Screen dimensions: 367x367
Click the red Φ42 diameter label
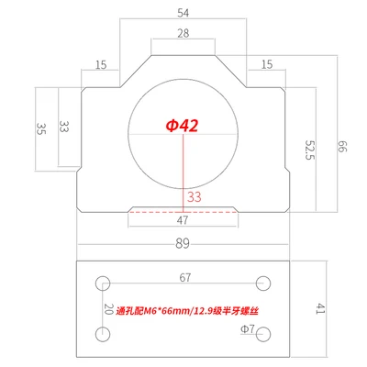point(183,126)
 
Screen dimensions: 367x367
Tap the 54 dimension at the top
point(183,13)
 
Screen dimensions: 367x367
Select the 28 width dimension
point(183,33)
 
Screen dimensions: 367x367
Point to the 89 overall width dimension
point(183,243)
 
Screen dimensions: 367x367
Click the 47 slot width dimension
point(183,220)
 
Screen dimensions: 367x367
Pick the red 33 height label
point(195,197)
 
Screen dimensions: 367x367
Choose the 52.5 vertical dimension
point(310,150)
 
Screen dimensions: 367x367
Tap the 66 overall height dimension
point(342,147)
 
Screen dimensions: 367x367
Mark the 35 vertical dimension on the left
point(40,128)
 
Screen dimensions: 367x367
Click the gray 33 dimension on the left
point(63,127)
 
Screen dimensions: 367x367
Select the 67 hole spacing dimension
point(185,277)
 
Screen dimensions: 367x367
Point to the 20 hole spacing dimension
point(109,309)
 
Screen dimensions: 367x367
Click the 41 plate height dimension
point(320,308)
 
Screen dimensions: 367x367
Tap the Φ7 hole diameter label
point(248,329)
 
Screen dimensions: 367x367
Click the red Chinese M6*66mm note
point(187,311)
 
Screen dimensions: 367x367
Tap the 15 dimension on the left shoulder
point(101,65)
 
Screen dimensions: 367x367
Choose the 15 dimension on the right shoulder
point(267,64)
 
